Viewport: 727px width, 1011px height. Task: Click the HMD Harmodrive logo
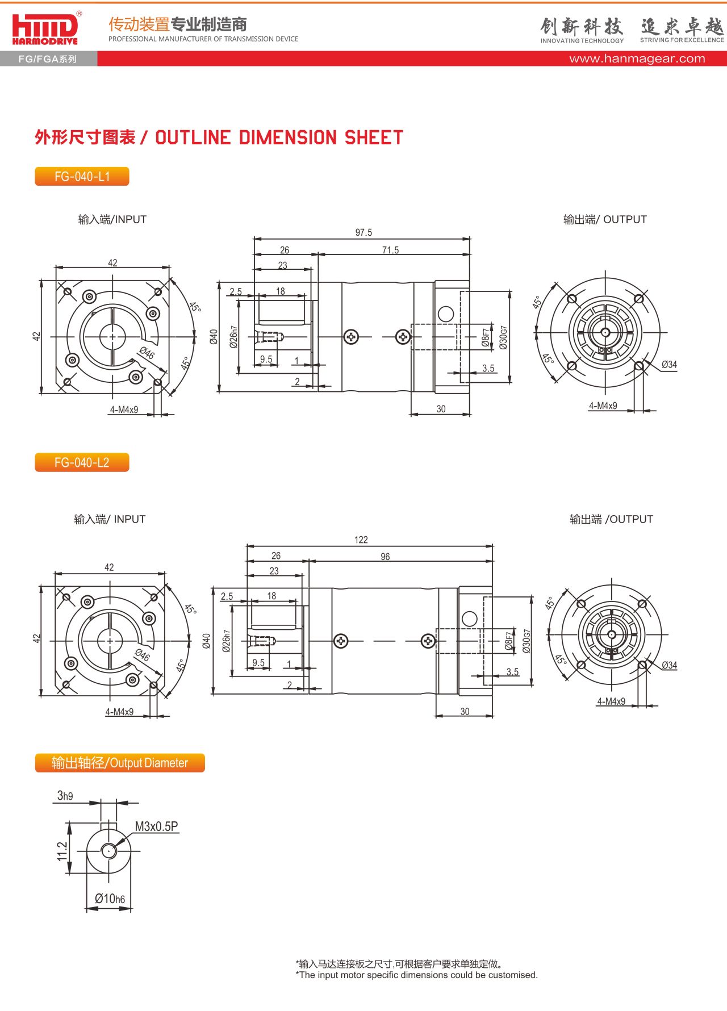pos(45,28)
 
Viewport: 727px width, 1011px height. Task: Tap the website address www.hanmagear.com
pos(637,59)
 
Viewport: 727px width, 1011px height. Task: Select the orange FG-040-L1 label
pos(82,177)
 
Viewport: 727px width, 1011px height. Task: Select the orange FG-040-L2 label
pos(82,462)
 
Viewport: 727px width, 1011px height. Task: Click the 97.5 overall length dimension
pos(363,232)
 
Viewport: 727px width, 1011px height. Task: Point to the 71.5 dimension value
pos(390,250)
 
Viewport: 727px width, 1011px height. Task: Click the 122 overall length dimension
pos(361,540)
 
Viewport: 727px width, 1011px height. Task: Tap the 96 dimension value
pos(385,557)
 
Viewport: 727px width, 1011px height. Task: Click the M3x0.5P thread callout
pos(156,826)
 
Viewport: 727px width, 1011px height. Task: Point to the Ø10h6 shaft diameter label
pos(110,899)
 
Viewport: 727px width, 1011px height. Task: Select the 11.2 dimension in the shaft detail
pos(62,851)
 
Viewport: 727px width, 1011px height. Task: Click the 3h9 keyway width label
pos(65,796)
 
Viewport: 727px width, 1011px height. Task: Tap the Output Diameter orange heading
pos(120,763)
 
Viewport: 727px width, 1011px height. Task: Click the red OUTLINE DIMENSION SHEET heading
pos(219,137)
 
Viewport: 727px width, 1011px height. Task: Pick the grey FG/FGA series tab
pos(48,59)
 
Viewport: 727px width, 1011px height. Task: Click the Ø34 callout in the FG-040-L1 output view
pos(669,365)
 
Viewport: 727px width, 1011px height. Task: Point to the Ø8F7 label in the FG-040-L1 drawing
pos(486,337)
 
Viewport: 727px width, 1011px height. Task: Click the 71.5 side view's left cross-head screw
pos(352,337)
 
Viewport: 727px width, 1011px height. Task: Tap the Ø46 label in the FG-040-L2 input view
pos(143,654)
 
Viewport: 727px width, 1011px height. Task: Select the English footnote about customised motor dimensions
pos(416,975)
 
